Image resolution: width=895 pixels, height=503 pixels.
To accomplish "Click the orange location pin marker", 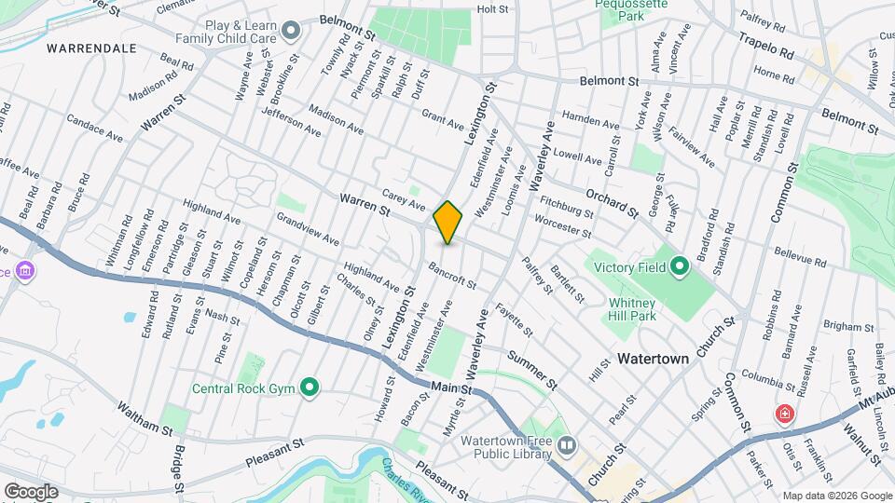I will click(448, 222).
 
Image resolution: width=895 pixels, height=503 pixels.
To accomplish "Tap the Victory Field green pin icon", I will click(680, 267).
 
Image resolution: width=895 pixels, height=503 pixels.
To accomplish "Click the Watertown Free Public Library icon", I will click(567, 447).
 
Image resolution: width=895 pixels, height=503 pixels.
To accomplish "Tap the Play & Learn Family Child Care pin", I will click(291, 32).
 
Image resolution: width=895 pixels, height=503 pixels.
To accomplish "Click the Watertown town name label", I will click(653, 359).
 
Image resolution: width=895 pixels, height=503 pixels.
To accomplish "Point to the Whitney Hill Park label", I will click(632, 309).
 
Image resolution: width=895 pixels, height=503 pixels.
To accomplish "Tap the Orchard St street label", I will click(611, 204).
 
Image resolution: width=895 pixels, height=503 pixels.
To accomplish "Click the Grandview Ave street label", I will click(307, 227).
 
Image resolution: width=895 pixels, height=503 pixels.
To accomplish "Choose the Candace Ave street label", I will click(94, 130).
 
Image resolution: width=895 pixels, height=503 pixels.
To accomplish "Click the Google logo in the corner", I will click(31, 492).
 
